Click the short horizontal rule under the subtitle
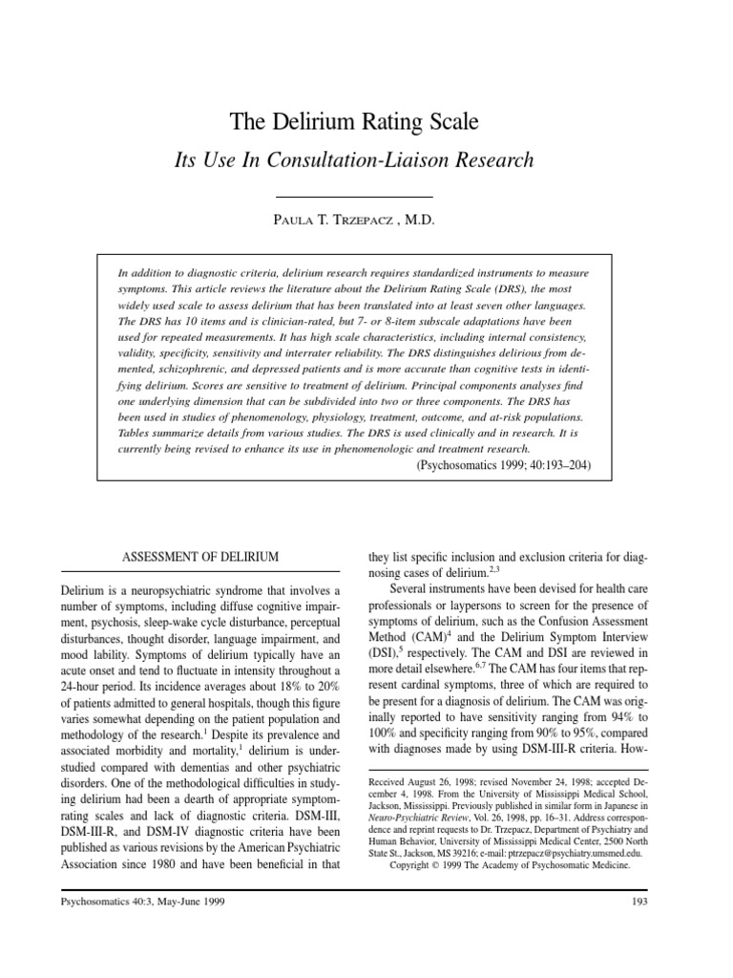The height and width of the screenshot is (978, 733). pyautogui.click(x=366, y=196)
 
